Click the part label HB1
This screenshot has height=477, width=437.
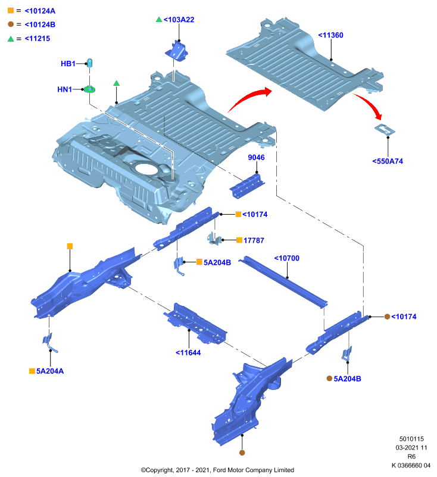pos(68,64)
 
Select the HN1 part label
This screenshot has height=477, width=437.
pos(65,89)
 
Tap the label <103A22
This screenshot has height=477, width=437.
pos(179,20)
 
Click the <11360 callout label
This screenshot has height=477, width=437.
pos(330,35)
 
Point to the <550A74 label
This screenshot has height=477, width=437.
pos(388,161)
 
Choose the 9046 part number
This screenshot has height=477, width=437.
pos(257,157)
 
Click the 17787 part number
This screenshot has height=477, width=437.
pos(254,241)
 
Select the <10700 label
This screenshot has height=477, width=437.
pos(287,258)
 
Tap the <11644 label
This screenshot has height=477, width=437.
pos(188,353)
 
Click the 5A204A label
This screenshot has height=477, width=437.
pos(50,371)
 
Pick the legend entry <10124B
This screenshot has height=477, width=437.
pos(40,24)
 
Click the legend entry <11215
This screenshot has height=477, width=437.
pos(38,39)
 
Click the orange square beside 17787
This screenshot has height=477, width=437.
pos(239,240)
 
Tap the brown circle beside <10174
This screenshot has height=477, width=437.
pos(387,317)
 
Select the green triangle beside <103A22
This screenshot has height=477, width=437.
pos(159,20)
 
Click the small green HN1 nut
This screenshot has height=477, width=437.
pos(89,89)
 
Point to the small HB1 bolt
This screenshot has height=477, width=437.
pos(89,63)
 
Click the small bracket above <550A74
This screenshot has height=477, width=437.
pos(385,129)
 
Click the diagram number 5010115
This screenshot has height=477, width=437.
pos(411,439)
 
